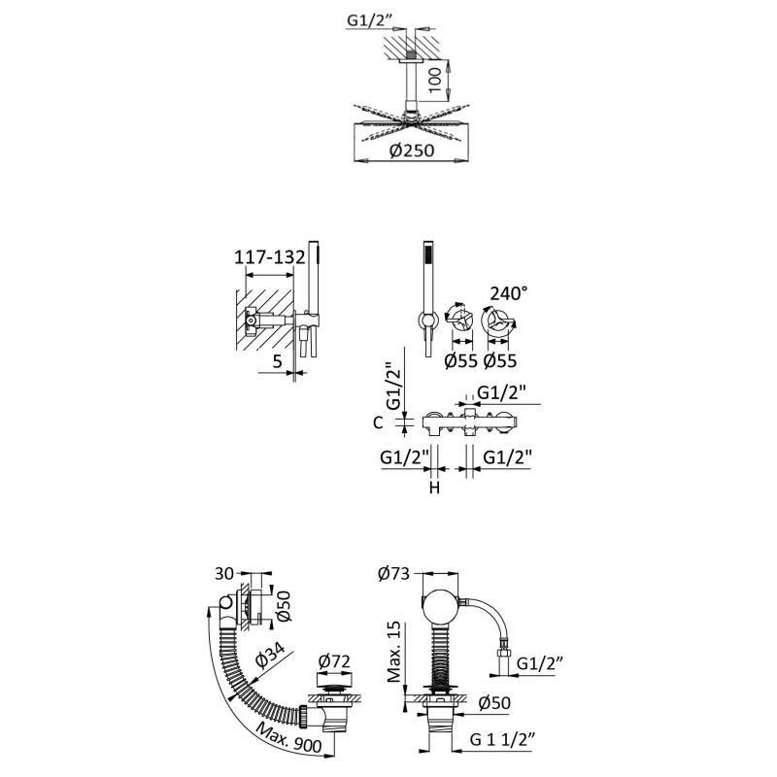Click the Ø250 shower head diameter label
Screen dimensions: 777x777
[x=408, y=151]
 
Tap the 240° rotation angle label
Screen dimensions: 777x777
[x=512, y=292]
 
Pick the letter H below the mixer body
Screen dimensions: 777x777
[x=434, y=489]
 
